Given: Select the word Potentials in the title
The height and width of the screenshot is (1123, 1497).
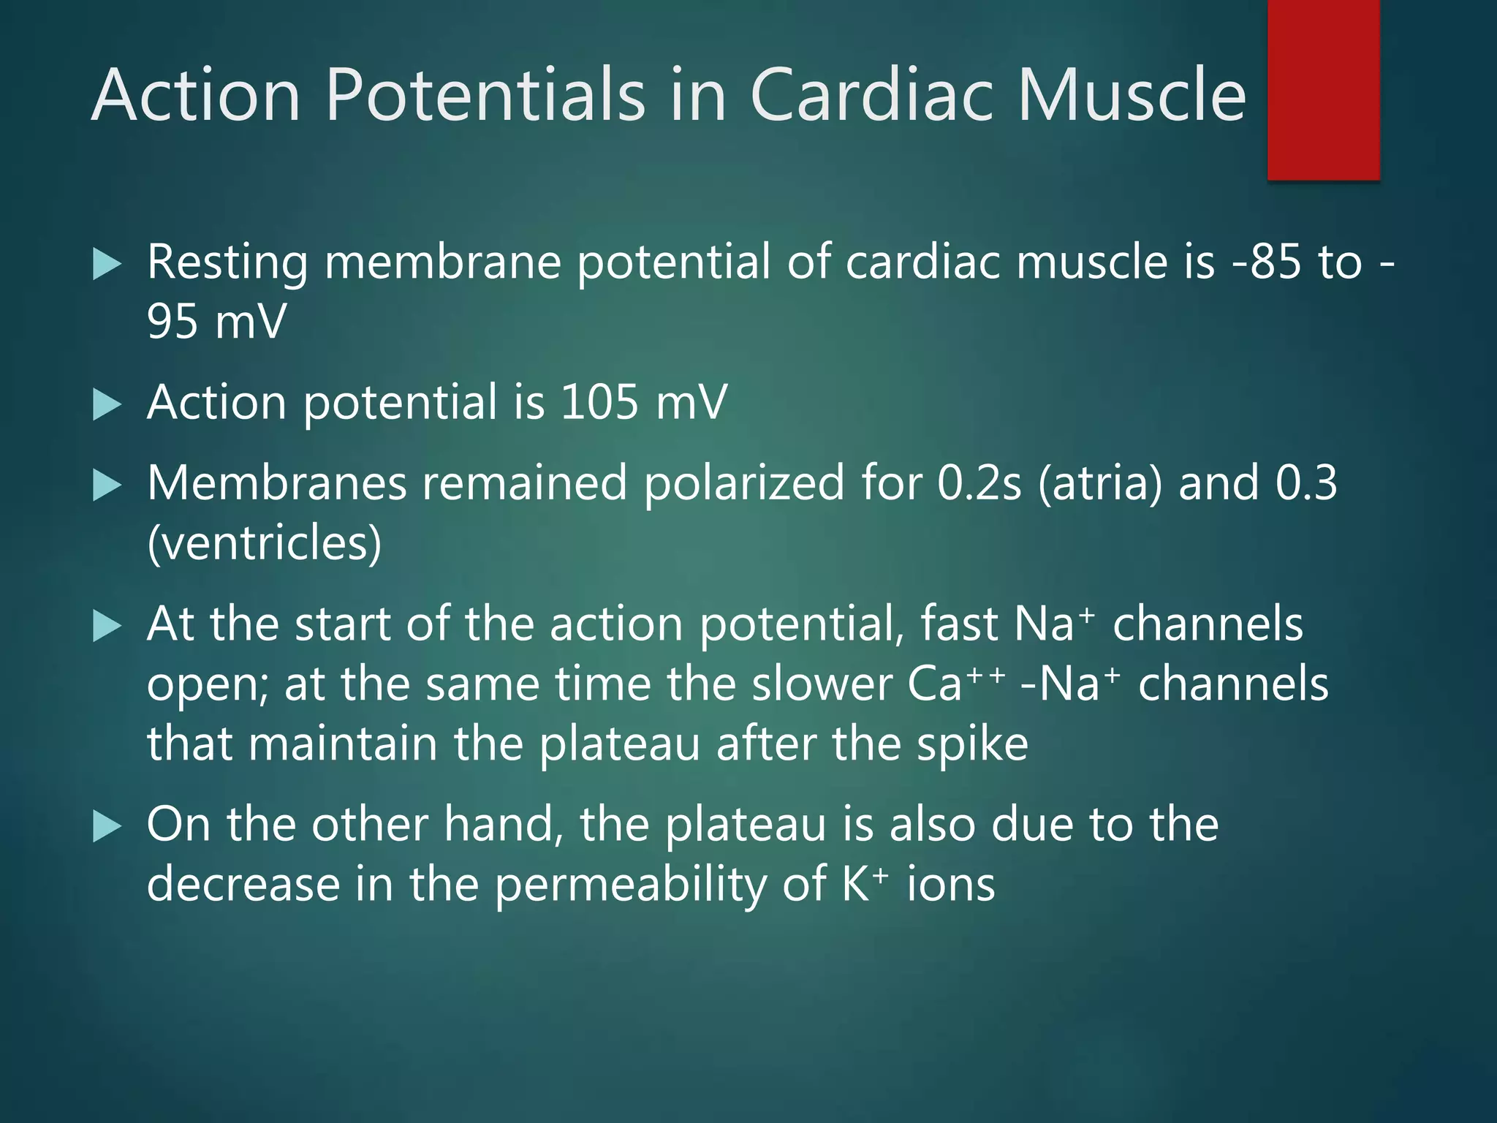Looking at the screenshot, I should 485,95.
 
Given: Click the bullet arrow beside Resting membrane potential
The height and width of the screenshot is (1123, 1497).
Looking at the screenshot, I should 107,265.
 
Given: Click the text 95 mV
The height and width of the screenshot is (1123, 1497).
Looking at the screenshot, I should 216,322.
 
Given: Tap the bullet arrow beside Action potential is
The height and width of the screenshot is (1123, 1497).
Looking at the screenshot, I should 107,405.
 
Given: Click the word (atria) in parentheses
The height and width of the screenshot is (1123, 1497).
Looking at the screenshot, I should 1099,484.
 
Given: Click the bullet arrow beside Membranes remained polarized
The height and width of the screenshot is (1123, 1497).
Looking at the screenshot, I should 107,486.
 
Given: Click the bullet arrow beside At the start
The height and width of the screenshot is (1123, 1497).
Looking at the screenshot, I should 107,627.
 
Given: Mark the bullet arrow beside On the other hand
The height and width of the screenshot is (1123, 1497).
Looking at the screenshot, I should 107,828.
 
